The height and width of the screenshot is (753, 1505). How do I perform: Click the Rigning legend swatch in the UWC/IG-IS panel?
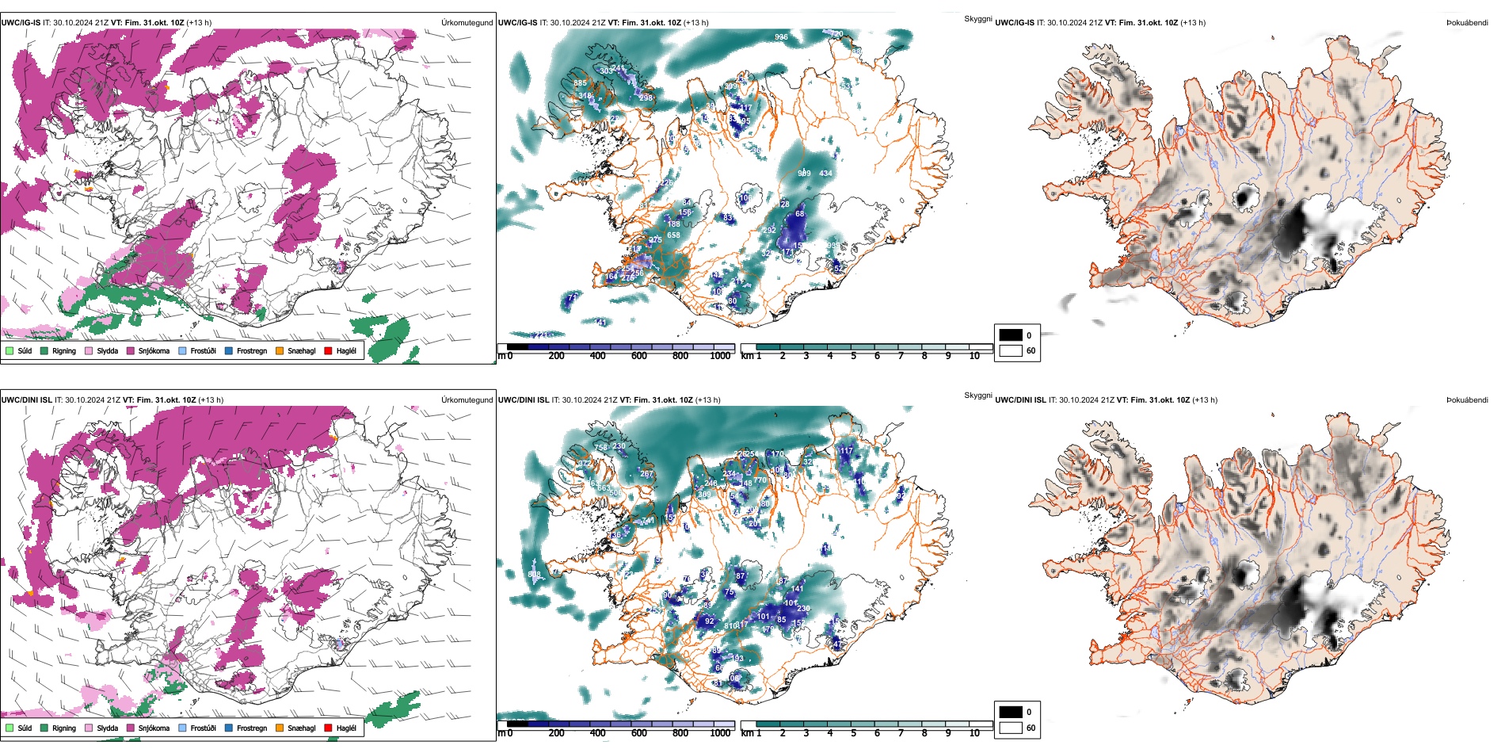pyautogui.click(x=44, y=350)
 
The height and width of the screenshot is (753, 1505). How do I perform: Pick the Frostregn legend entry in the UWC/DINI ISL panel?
pyautogui.click(x=229, y=728)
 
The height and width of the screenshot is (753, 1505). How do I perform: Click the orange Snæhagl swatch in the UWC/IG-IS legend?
pyautogui.click(x=280, y=350)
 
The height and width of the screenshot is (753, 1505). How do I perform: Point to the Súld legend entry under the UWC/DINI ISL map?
pyautogui.click(x=10, y=728)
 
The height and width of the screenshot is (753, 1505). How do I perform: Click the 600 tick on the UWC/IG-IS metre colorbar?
pyautogui.click(x=639, y=355)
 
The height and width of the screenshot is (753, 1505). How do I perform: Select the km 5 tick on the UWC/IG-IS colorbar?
pyautogui.click(x=853, y=355)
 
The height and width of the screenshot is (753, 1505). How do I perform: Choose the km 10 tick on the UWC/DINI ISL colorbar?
pyautogui.click(x=974, y=732)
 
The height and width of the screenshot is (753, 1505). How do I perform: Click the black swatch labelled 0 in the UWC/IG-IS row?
pyautogui.click(x=1011, y=334)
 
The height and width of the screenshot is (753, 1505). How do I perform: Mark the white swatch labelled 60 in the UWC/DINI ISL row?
pyautogui.click(x=1011, y=727)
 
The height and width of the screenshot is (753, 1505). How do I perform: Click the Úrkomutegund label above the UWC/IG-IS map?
pyautogui.click(x=467, y=23)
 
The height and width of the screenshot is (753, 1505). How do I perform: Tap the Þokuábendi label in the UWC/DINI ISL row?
pyautogui.click(x=1467, y=400)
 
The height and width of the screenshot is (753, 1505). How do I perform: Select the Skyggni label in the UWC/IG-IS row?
pyautogui.click(x=977, y=19)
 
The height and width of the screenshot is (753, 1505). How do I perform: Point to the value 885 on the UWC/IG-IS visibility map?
pyautogui.click(x=580, y=83)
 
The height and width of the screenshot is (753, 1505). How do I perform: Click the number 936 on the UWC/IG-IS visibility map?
pyautogui.click(x=781, y=37)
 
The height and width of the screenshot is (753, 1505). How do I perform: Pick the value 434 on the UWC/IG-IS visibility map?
pyautogui.click(x=825, y=174)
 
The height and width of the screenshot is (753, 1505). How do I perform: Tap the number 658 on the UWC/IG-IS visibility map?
pyautogui.click(x=673, y=235)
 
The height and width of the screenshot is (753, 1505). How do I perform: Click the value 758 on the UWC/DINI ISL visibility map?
pyautogui.click(x=600, y=448)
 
